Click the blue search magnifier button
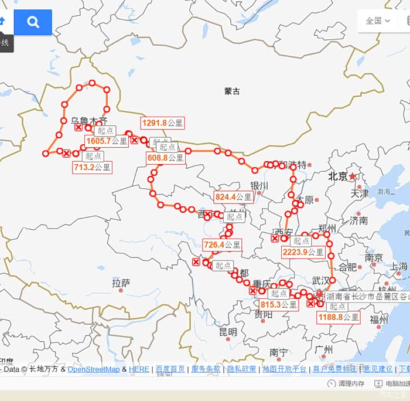point(33,22)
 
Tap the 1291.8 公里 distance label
point(162,123)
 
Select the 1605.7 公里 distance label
point(106,141)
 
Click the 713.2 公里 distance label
point(92,167)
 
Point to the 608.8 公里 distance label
point(166,158)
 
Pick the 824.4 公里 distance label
point(233,197)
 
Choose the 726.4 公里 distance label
point(222,244)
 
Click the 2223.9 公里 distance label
point(303,252)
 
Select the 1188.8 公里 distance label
point(338,317)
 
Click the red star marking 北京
point(352,176)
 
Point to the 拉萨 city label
point(121,283)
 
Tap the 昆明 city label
point(228,332)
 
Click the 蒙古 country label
point(232,91)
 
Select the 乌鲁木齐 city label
point(89,121)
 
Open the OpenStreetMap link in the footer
point(94,369)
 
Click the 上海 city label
point(399,267)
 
